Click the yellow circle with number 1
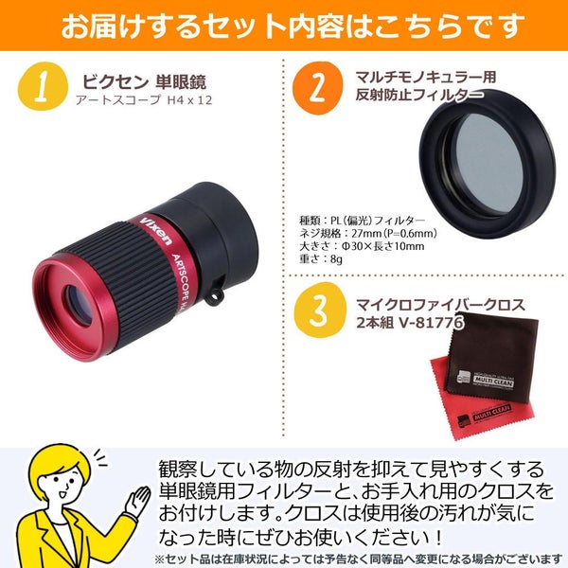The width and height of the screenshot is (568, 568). pos(43,86)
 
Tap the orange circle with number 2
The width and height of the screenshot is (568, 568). pos(317,88)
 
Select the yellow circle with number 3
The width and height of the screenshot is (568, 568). pos(320,311)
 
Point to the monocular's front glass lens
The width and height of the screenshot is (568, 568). pos(79,305)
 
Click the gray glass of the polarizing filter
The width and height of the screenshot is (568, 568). pos(488,164)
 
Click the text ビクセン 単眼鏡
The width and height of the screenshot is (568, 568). pos(144,82)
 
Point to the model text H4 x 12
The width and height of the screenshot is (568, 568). pos(189,100)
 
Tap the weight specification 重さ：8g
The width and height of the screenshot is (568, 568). pos(321,259)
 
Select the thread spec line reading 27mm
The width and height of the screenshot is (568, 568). pos(367,233)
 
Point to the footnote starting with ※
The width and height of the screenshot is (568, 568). pos(359,559)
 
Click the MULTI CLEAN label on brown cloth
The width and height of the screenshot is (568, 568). pos(493,382)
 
